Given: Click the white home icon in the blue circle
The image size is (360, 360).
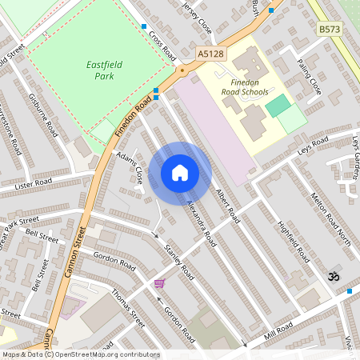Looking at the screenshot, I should tap(180, 172).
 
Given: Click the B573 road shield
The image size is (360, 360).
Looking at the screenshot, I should tap(328, 30).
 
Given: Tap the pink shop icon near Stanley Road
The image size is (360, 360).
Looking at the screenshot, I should tap(160, 284).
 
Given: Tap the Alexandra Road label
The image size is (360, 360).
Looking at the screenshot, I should tap(201, 222).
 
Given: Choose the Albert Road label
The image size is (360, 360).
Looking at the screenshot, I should tap(227, 204).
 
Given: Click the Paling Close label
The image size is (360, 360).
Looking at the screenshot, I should tap(308, 75).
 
